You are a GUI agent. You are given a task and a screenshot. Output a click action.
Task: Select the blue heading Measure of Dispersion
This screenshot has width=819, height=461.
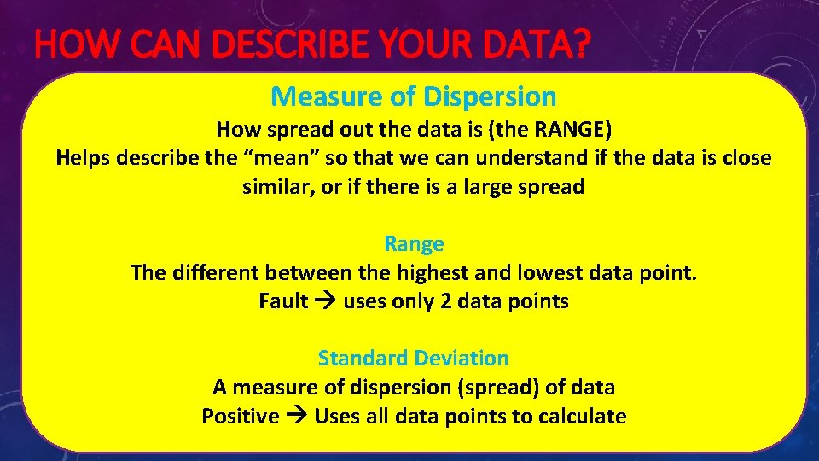click(x=413, y=97)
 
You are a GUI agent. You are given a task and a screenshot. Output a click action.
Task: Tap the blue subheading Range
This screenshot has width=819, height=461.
click(x=414, y=244)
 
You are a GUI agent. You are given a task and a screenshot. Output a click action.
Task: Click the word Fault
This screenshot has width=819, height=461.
click(x=283, y=301)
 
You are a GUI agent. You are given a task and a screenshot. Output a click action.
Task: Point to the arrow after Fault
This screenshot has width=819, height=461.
click(x=324, y=301)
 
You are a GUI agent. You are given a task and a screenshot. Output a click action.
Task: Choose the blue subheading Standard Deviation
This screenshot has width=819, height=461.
click(x=413, y=359)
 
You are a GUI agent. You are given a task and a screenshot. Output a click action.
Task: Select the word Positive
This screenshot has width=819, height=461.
click(x=240, y=416)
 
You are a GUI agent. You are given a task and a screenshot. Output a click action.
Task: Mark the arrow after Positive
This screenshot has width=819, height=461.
click(x=296, y=416)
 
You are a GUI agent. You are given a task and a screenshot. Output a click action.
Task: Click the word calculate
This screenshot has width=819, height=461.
click(x=584, y=416)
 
